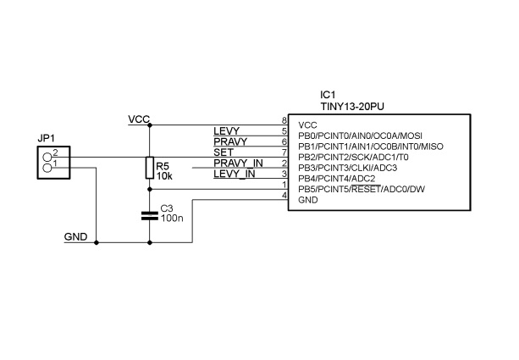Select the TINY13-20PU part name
[x=352, y=107]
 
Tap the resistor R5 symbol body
[x=150, y=168]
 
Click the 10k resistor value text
[x=163, y=176]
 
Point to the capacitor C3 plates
[x=150, y=215]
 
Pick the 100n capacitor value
[x=172, y=218]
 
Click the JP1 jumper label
[x=47, y=137]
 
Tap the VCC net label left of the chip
[x=139, y=119]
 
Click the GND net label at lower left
[x=75, y=236]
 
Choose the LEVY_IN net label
[x=235, y=174]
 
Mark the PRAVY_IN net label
[x=238, y=163]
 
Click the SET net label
[x=224, y=152]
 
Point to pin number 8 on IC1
[x=284, y=120]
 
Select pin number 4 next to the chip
[x=284, y=196]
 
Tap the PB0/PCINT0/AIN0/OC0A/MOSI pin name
[x=360, y=136]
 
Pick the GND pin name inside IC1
[x=307, y=201]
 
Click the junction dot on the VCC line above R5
[x=150, y=125]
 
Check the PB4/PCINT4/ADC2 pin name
[x=336, y=179]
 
